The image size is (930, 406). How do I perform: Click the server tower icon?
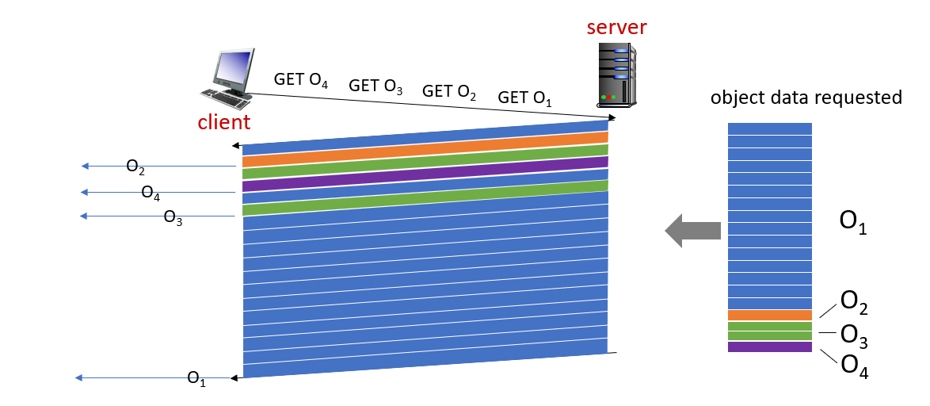616,75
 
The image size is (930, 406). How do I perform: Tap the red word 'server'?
616,28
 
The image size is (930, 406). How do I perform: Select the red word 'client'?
224,122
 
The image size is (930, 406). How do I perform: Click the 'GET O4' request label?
301,80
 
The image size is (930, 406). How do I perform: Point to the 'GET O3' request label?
375,86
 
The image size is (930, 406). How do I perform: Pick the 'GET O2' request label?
449,92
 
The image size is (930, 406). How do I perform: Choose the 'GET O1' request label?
524,98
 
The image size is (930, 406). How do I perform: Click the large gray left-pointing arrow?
692,230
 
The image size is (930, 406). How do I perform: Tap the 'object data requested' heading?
806,98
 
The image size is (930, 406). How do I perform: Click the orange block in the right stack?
770,315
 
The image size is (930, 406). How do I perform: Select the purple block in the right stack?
770,347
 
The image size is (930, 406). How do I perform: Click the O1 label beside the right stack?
852,223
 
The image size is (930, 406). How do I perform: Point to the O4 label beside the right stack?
854,366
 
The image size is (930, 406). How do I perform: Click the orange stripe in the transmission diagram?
425,149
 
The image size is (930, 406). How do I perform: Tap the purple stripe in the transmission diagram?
425,174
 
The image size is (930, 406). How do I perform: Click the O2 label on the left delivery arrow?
135,167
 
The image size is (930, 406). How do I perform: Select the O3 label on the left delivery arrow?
173,217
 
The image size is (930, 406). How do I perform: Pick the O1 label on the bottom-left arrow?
196,379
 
